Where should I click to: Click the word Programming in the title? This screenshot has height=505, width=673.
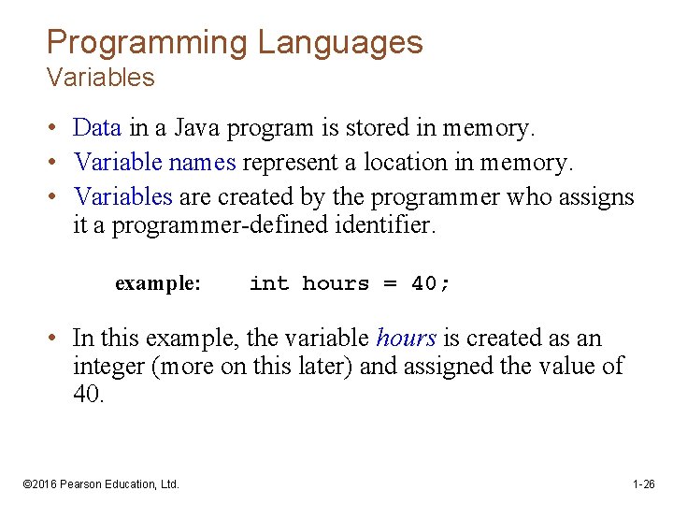(x=147, y=42)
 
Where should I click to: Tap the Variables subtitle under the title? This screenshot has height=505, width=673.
(x=100, y=78)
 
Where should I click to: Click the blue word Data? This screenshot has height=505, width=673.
(x=97, y=126)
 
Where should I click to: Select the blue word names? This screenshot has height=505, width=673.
(x=202, y=162)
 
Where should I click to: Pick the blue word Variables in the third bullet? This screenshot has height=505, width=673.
(x=123, y=197)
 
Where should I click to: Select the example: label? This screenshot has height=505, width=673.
(x=157, y=283)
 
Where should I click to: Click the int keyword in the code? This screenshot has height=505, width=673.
(x=269, y=283)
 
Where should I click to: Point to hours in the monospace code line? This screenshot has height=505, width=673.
(x=336, y=283)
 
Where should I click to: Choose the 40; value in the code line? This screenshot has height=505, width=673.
(x=431, y=283)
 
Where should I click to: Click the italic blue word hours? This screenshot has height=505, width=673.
(x=406, y=339)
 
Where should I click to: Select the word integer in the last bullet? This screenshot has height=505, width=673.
(x=107, y=367)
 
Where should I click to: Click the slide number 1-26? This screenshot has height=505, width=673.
(x=643, y=484)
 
